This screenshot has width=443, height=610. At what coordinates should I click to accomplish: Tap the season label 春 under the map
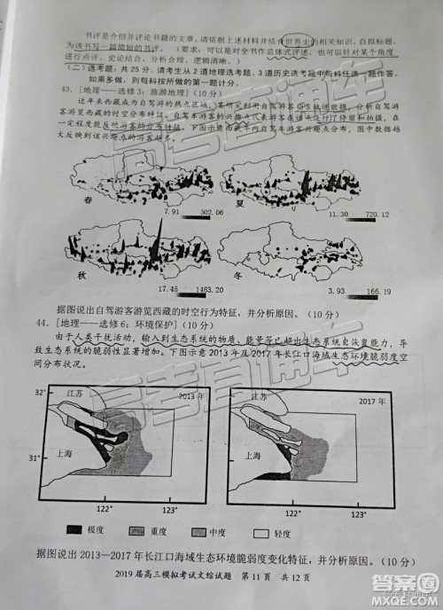87,203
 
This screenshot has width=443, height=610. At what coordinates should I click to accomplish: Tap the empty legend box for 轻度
260,534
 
